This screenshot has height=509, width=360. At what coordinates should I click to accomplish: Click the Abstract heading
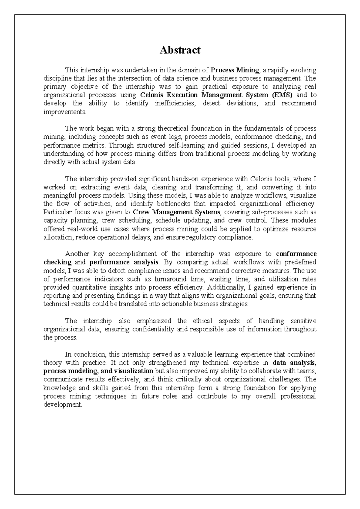coord(180,50)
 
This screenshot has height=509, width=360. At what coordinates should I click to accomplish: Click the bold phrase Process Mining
coord(235,70)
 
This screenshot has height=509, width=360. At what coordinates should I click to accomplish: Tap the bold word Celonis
coord(152,95)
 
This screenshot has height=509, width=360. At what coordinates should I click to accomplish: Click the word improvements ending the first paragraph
coord(64,112)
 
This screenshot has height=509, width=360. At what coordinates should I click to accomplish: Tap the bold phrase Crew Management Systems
coord(176,212)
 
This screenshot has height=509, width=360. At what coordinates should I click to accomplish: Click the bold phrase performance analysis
coord(124,262)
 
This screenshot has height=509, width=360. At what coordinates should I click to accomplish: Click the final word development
coord(62,405)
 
